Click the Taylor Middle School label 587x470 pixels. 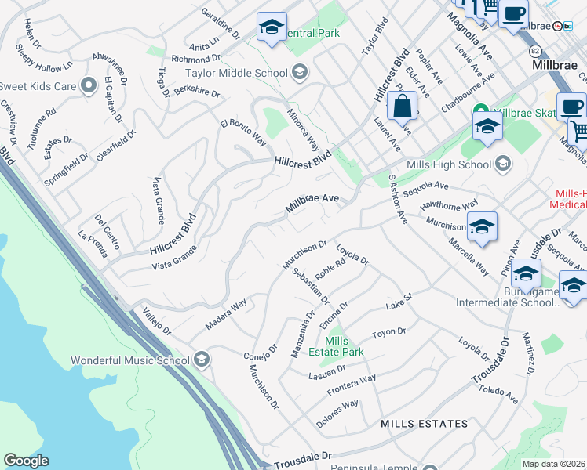[x=235, y=74]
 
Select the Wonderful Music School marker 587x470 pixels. [x=202, y=360]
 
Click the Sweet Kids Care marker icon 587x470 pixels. [x=89, y=85]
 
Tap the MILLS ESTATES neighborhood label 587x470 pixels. [x=424, y=424]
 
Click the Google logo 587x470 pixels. [x=26, y=461]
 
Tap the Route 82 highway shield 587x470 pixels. [x=535, y=50]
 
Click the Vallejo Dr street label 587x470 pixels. [x=156, y=321]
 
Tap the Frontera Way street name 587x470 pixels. [x=352, y=385]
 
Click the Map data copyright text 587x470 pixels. [x=554, y=463]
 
